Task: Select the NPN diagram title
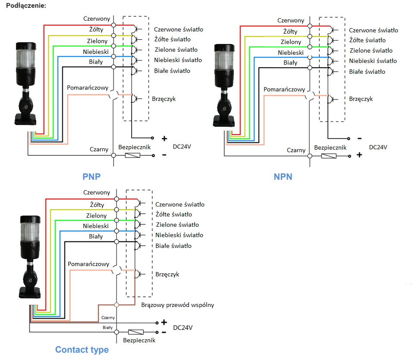click(x=283, y=176)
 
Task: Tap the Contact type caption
click(x=82, y=350)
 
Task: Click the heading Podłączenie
click(x=25, y=6)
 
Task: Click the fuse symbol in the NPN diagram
click(x=329, y=155)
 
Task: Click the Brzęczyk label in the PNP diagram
click(x=164, y=99)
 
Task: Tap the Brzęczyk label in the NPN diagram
click(x=361, y=99)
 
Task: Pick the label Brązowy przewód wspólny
click(x=178, y=305)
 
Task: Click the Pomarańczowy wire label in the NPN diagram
click(x=284, y=89)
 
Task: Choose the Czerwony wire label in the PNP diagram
click(x=97, y=19)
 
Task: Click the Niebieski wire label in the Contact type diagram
click(x=96, y=226)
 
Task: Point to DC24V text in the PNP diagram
click(x=182, y=147)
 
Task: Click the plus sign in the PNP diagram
click(x=164, y=139)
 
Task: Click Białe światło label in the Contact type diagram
click(x=173, y=246)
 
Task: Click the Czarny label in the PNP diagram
click(x=99, y=149)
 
